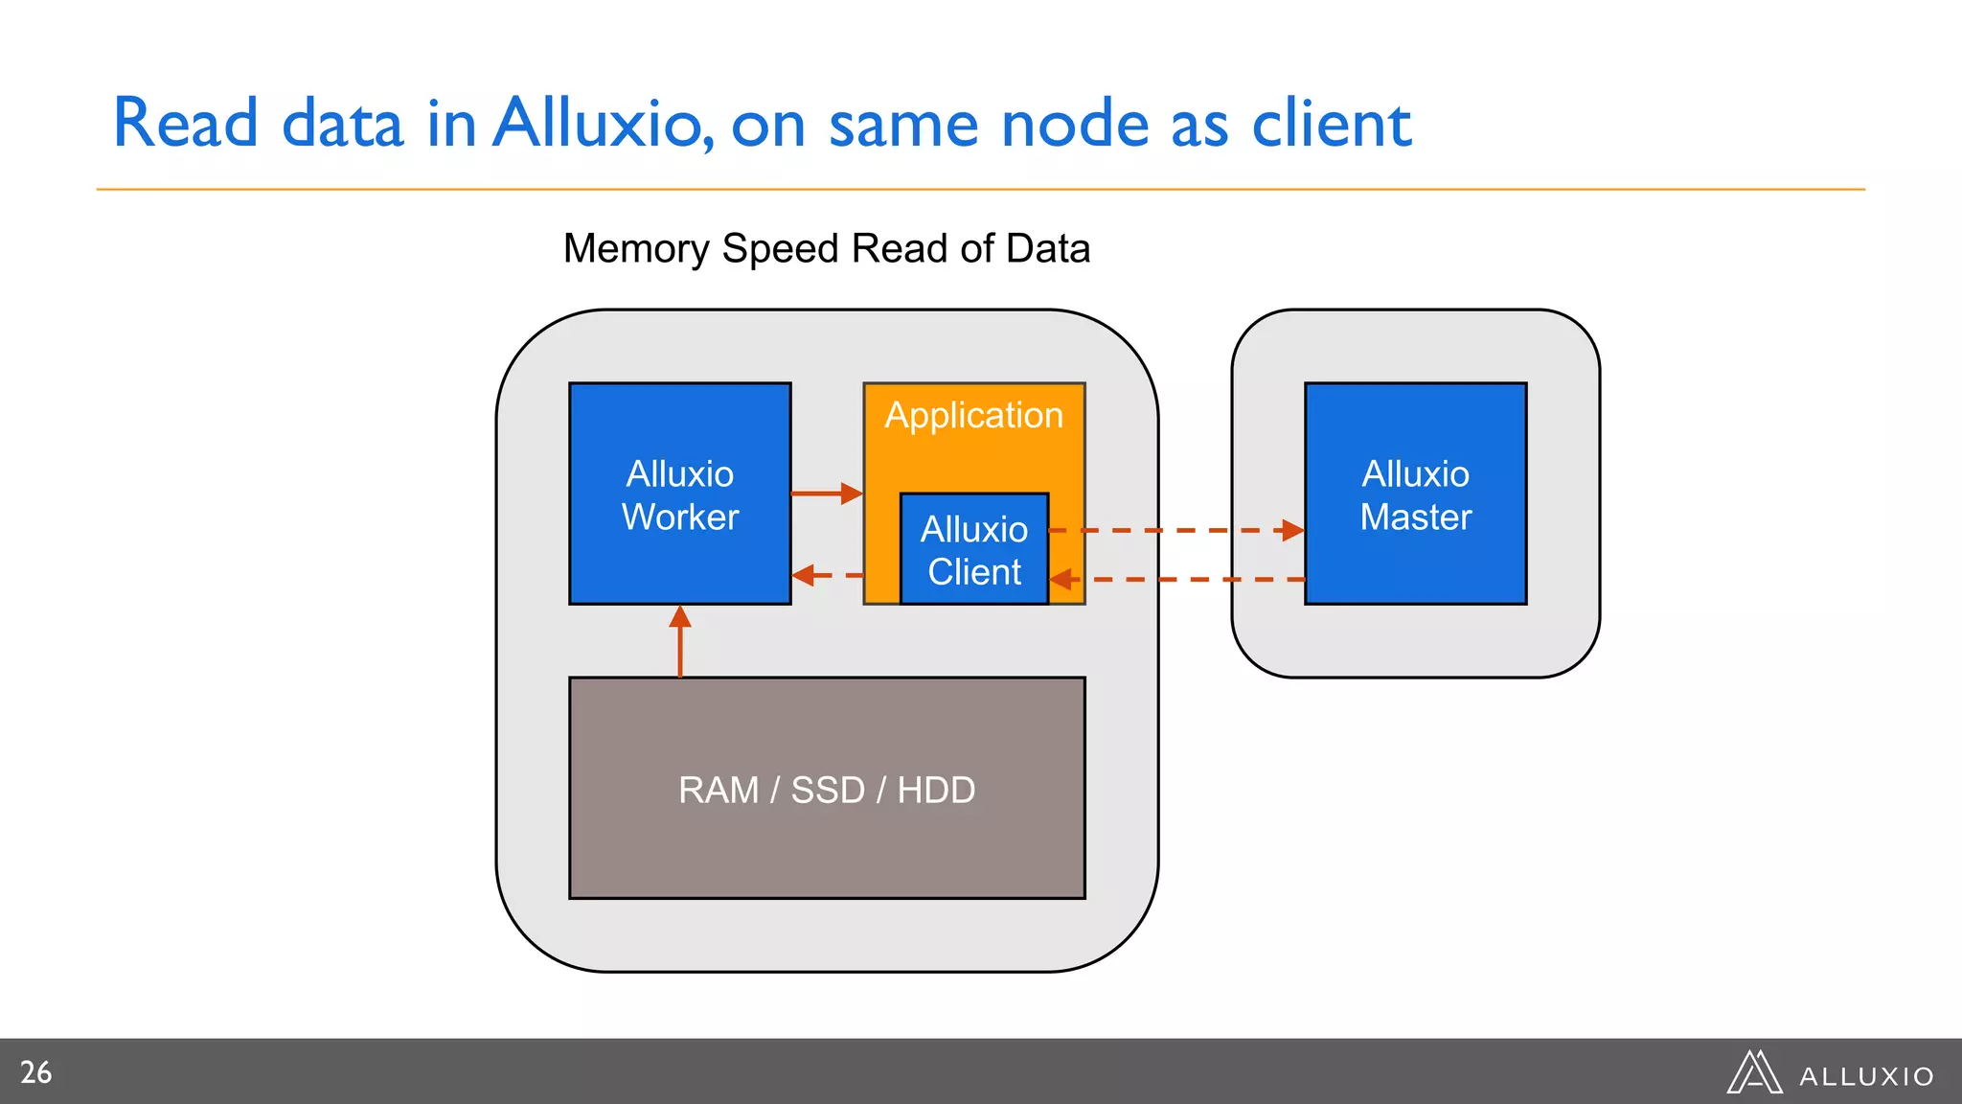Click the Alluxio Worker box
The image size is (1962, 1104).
click(x=679, y=494)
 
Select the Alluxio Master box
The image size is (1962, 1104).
click(x=1415, y=494)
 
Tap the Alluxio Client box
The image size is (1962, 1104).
click(x=973, y=550)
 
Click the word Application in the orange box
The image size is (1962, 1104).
click(x=973, y=416)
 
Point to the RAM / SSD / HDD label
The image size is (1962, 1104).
click(x=826, y=790)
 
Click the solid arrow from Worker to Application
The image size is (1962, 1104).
click(x=826, y=494)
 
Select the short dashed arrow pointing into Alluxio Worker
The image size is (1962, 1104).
click(x=826, y=575)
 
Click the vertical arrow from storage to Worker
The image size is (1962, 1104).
click(x=680, y=641)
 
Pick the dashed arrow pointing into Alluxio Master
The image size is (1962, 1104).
click(x=1178, y=530)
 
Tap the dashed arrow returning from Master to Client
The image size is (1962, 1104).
click(x=1178, y=580)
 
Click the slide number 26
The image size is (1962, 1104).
click(x=36, y=1072)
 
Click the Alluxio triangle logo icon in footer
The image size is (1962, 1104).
click(x=1754, y=1072)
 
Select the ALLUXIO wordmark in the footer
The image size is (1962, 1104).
click(x=1866, y=1077)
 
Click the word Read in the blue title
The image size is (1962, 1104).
click(x=186, y=124)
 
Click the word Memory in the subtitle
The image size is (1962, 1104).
click(x=635, y=248)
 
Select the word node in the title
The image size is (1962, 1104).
click(x=1074, y=126)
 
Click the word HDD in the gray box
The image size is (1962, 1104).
click(x=936, y=791)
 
